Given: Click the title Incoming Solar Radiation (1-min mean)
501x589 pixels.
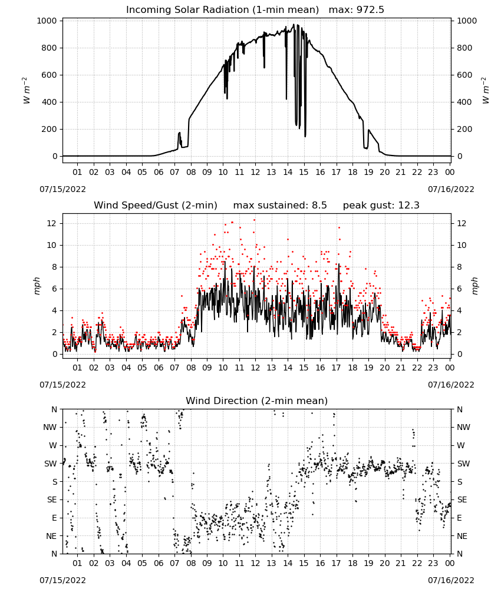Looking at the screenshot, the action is tap(222, 10).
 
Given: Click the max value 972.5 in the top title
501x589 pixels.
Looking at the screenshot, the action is tap(370, 10).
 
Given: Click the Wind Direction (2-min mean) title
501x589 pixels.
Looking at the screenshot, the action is tap(257, 401).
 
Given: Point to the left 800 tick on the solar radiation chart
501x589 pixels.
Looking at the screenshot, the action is tap(50, 48).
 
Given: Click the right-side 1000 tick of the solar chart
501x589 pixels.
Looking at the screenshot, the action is tap(467, 21).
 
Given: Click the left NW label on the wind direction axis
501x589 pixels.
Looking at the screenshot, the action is tap(50, 428).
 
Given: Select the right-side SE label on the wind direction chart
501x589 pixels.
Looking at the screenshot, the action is tap(462, 499).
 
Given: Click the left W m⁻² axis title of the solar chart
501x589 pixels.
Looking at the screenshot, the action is tap(26, 91).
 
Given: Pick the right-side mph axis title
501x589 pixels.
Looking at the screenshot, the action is tap(474, 286).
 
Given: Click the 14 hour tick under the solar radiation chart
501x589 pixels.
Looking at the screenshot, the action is tap(288, 172).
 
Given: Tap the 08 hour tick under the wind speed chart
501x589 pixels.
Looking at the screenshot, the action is tap(191, 368).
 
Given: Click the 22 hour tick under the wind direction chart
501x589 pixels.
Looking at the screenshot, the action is tap(417, 563).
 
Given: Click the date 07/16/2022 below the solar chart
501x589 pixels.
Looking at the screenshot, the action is tap(451, 189).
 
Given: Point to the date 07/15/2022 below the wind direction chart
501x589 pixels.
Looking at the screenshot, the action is tap(62, 580).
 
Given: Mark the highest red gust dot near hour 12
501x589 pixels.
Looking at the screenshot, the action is tap(255, 220).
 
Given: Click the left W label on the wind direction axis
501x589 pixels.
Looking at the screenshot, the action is tap(53, 445).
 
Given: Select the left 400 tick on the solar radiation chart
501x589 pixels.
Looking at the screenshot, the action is tap(50, 102).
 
